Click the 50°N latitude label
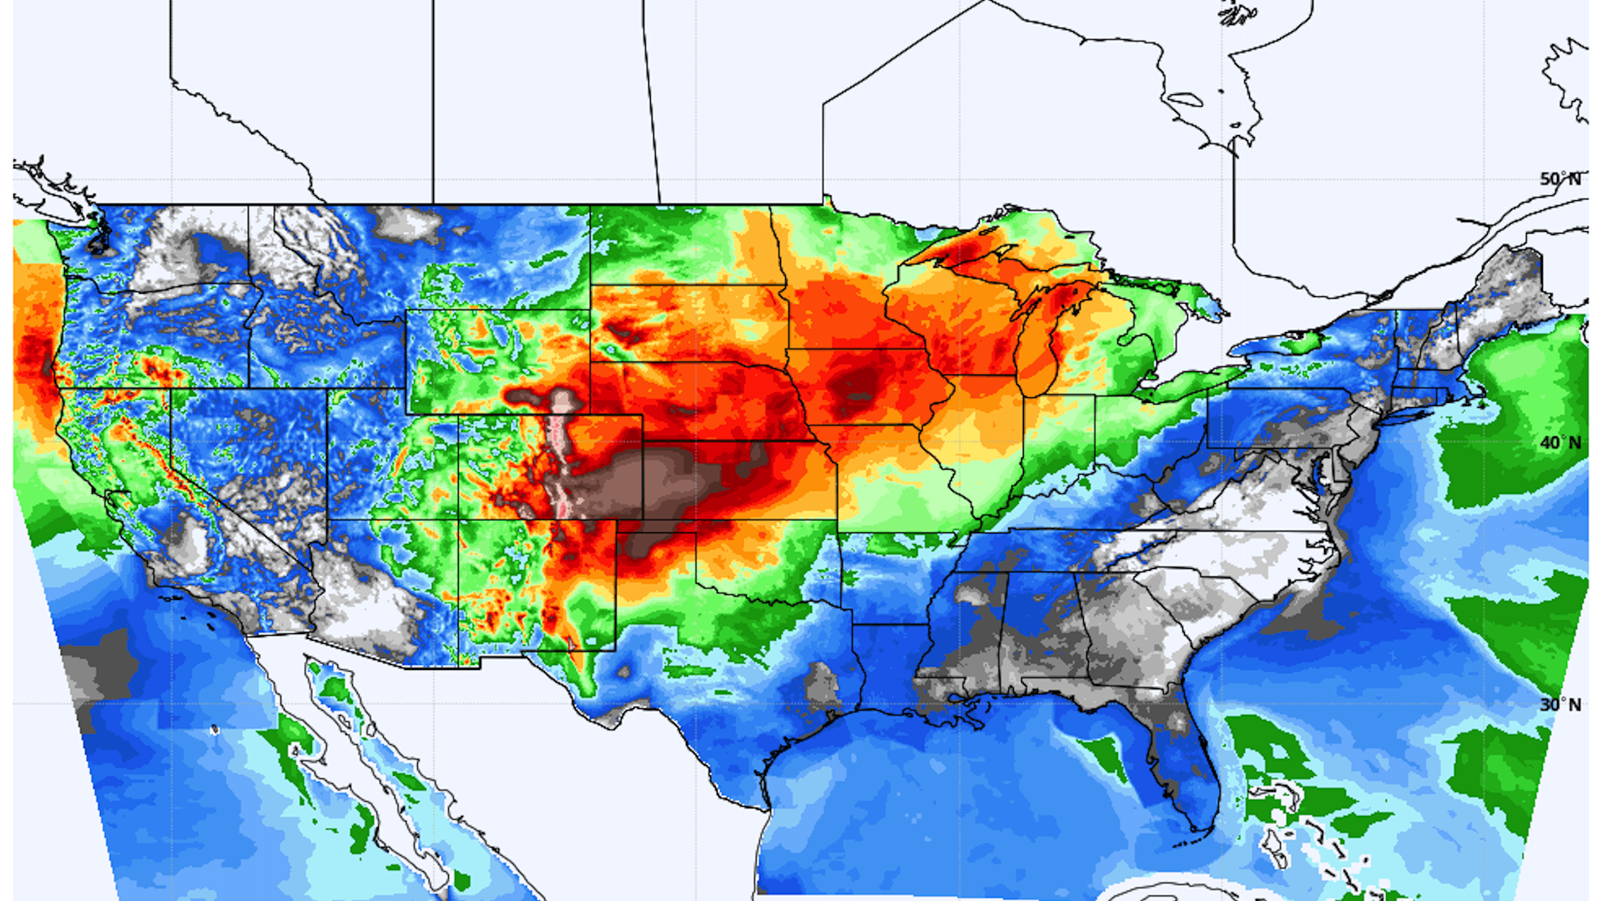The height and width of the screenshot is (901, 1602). pos(1559,179)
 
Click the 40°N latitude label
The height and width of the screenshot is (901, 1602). pos(1559,443)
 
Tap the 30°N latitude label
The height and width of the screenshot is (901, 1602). pos(1559,705)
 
